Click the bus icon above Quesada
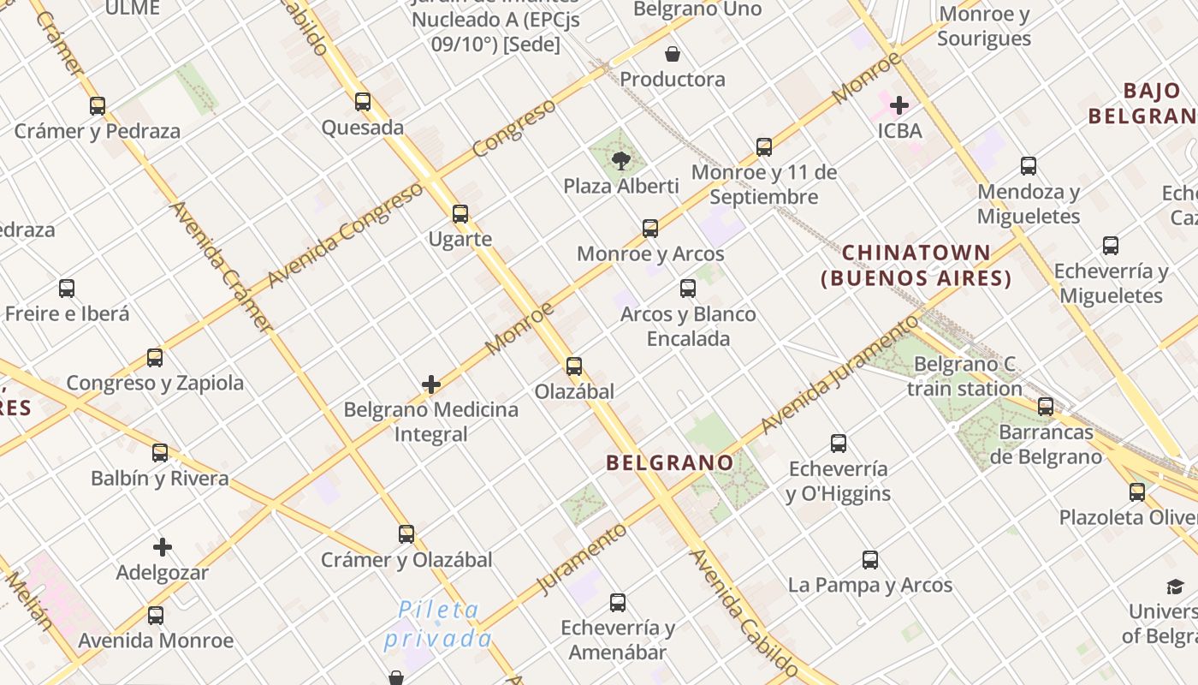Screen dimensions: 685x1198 click(363, 102)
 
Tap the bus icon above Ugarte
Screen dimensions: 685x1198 click(460, 213)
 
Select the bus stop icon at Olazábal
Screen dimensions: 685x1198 click(574, 366)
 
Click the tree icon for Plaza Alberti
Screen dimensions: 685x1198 click(621, 160)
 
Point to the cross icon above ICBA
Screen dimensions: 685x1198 click(899, 105)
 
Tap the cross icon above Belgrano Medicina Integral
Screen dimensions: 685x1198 click(431, 384)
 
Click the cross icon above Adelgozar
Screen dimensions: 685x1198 click(163, 547)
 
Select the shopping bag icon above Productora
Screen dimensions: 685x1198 click(673, 54)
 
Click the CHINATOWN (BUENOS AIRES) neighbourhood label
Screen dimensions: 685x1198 click(916, 265)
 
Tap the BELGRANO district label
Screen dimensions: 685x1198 click(670, 463)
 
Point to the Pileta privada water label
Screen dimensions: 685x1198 click(437, 624)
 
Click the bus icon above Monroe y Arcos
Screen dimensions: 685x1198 click(650, 229)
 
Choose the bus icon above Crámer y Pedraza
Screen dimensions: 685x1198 click(98, 106)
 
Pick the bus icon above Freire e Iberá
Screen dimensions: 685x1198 click(67, 289)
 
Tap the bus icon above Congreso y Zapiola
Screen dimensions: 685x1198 click(155, 358)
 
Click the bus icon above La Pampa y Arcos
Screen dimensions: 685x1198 click(870, 560)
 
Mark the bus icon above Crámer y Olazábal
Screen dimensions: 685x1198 click(406, 534)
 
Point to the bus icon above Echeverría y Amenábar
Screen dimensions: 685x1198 click(618, 603)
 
